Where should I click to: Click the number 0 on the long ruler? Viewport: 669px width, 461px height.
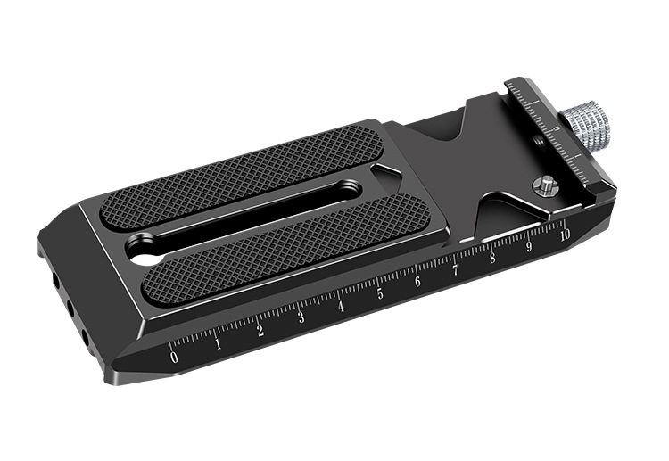(174, 357)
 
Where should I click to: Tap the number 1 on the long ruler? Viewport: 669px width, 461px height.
(218, 343)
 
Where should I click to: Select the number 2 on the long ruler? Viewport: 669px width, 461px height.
(260, 331)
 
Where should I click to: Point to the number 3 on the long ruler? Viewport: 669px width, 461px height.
(301, 317)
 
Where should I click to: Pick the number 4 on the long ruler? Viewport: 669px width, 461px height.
(341, 306)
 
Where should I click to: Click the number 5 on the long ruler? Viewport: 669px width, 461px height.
(380, 293)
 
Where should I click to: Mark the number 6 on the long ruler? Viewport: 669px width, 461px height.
(417, 282)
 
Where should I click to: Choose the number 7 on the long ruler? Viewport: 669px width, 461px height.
(455, 270)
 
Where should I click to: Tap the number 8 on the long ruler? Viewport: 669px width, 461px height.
(492, 258)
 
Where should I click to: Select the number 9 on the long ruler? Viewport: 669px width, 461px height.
(529, 246)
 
